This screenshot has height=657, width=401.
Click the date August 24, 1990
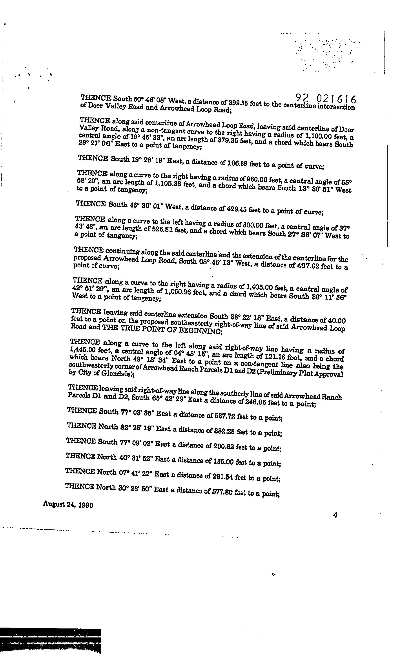[x=68, y=505]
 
